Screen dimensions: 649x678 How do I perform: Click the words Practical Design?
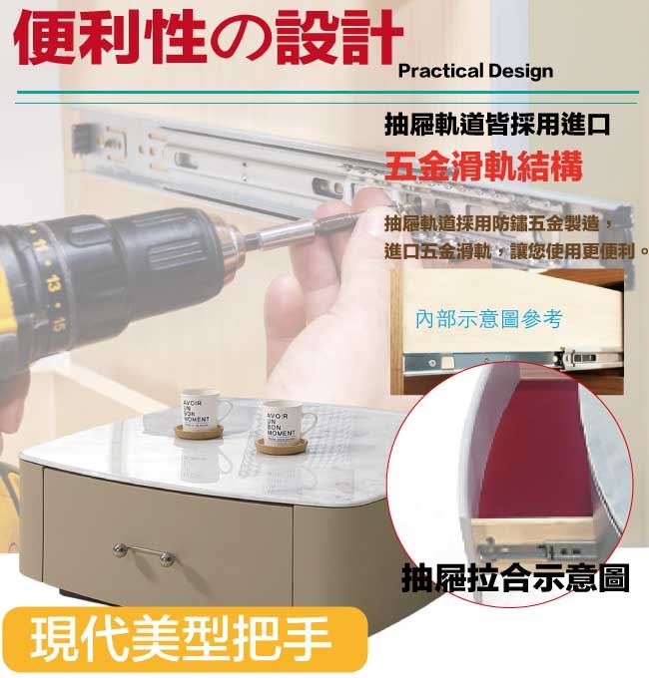(x=475, y=71)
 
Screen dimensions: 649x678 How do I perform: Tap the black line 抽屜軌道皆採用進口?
(x=497, y=124)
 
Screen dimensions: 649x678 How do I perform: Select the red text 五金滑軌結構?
(x=483, y=166)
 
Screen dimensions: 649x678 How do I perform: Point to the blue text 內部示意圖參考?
(x=489, y=319)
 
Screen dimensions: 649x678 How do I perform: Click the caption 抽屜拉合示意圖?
(x=515, y=577)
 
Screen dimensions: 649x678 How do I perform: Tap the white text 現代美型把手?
(x=180, y=638)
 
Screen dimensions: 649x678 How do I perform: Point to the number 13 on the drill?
(x=52, y=283)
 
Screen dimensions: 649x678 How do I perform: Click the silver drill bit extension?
(x=299, y=231)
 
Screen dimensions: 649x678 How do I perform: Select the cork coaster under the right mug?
(x=281, y=445)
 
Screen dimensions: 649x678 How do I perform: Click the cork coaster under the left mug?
(x=199, y=432)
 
